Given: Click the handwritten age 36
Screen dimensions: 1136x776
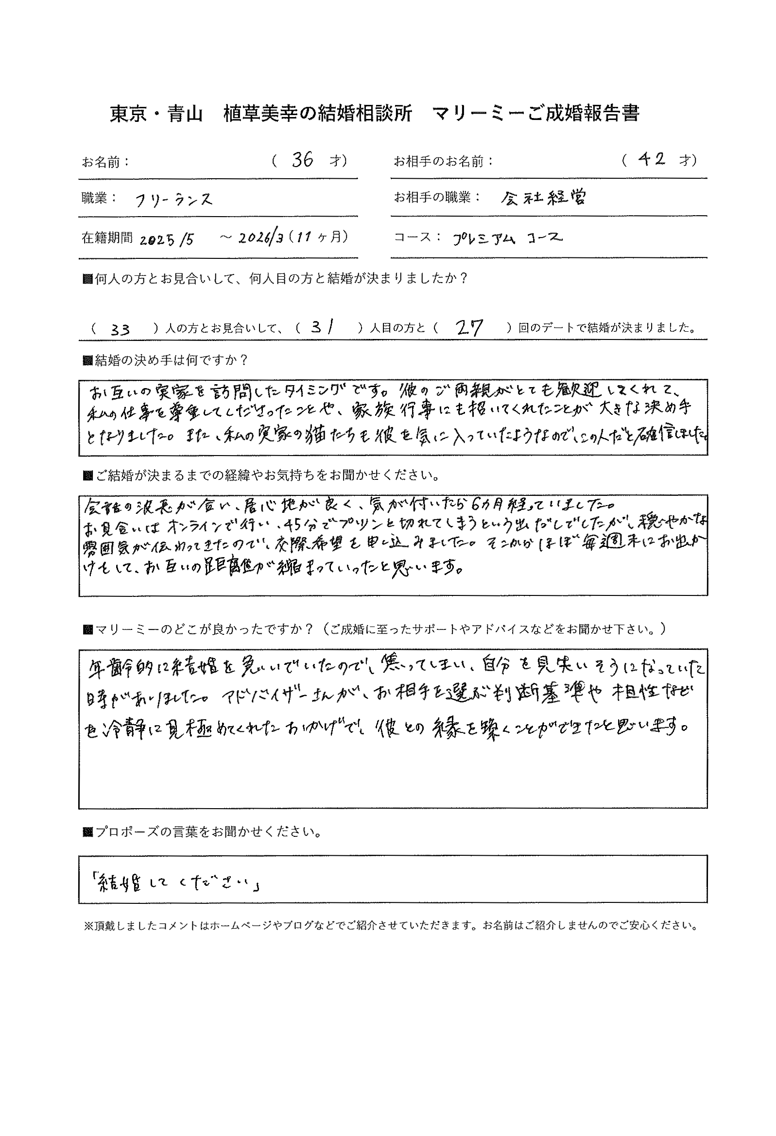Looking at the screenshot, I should [302, 160].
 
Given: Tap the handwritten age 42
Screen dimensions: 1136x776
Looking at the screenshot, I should [652, 159].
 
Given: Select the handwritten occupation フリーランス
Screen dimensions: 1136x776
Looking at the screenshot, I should [173, 200].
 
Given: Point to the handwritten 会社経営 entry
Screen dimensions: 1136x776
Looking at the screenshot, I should [543, 198].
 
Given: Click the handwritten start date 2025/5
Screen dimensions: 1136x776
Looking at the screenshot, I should [167, 239].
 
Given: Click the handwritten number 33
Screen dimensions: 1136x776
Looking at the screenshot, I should [120, 330].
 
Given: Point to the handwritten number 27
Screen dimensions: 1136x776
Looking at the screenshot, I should [468, 327].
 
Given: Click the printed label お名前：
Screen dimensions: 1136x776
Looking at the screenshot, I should [105, 162].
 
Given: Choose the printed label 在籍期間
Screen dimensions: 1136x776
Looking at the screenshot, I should [106, 238].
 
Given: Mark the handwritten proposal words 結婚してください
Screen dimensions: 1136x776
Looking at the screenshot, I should [174, 884].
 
